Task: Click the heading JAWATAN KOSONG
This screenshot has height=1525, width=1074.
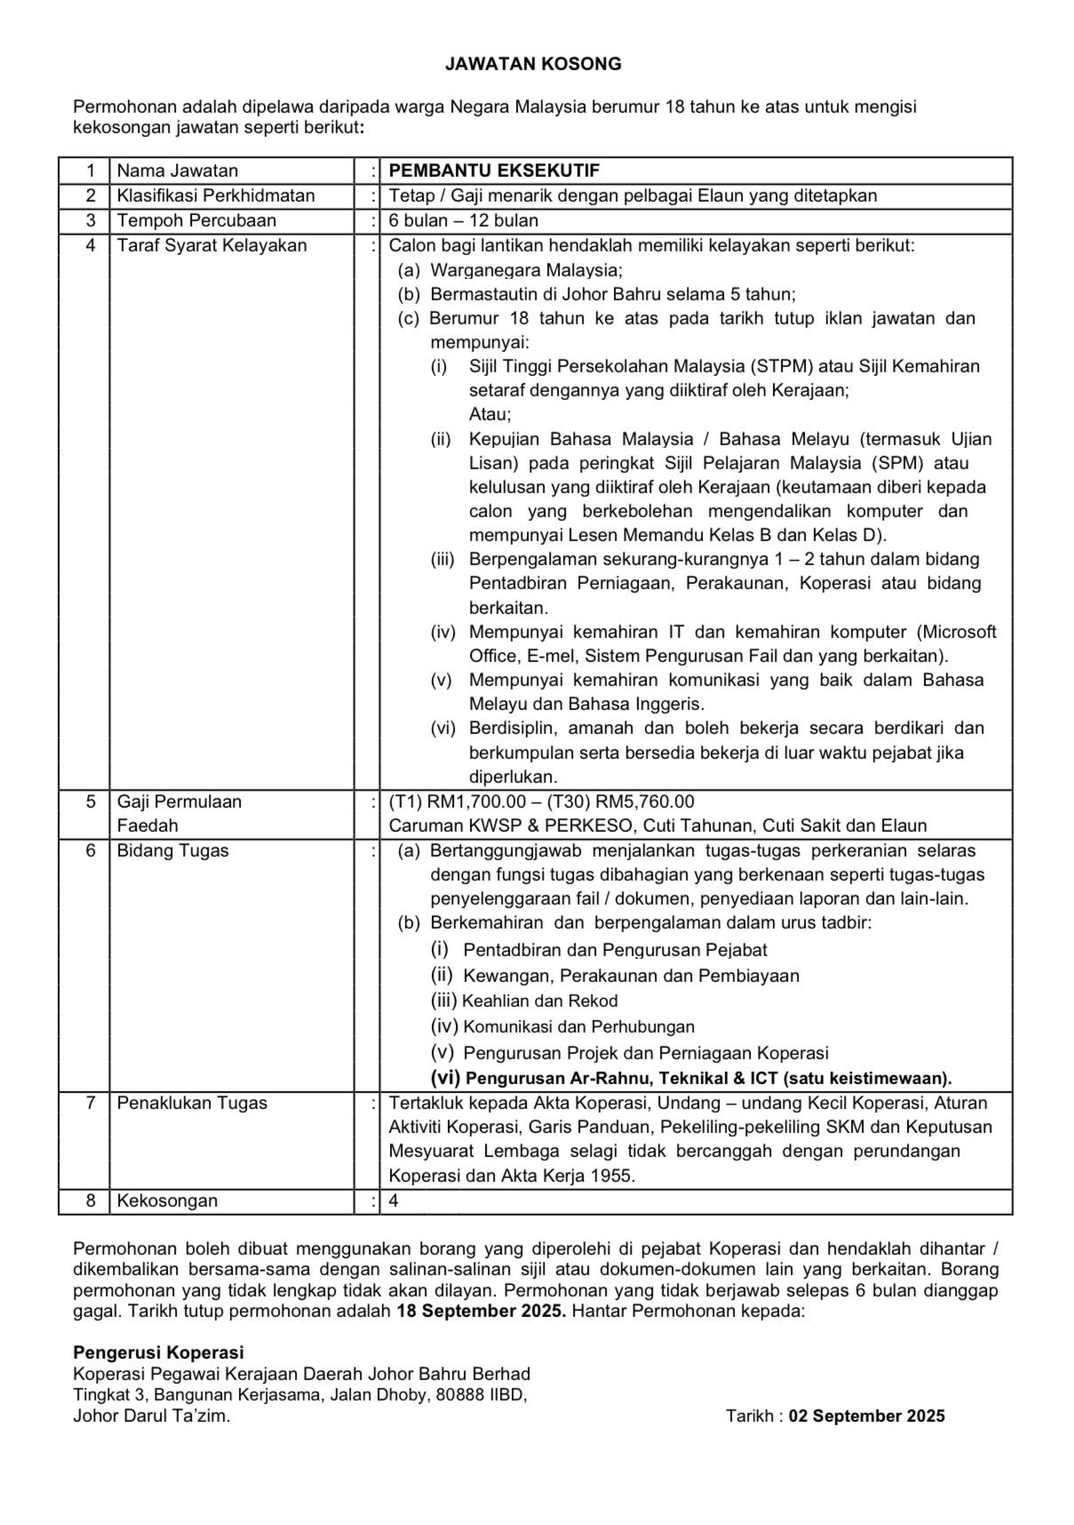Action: [x=533, y=64]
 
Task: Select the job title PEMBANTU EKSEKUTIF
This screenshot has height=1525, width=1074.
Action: [x=494, y=171]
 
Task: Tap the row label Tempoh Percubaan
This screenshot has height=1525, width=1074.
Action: [x=196, y=220]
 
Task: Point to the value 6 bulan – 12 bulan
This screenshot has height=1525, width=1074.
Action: [x=464, y=220]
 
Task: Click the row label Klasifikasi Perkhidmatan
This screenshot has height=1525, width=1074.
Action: [x=216, y=196]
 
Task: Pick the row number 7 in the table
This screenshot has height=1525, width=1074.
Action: [x=90, y=1103]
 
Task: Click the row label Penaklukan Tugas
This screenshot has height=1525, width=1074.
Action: [x=192, y=1103]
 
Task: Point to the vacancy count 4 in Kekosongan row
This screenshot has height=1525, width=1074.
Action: [x=394, y=1201]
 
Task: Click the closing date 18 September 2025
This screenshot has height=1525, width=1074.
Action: [x=481, y=1311]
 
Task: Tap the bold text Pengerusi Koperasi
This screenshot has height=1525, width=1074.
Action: [x=158, y=1353]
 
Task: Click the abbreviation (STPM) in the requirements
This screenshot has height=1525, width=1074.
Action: [x=781, y=366]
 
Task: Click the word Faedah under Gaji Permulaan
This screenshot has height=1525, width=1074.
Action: [x=147, y=826]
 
